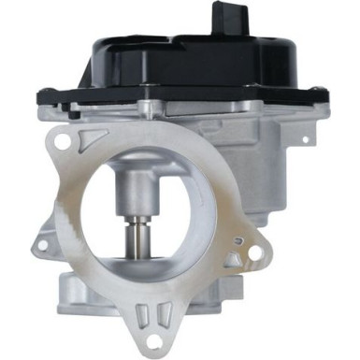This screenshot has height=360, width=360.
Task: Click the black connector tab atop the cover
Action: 225,18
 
